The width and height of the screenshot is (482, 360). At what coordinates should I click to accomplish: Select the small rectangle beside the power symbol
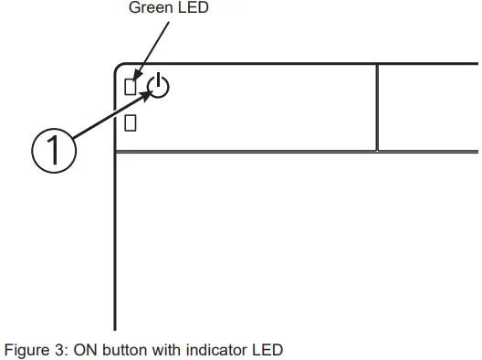131,87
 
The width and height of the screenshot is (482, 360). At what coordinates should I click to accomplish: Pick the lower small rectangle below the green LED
131,122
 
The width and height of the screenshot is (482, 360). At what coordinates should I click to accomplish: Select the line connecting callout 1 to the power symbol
110,115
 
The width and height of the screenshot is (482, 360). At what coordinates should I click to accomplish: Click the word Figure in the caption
25,350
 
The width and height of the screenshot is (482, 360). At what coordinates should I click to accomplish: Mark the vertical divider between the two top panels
377,107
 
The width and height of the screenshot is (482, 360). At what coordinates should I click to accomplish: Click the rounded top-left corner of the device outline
120,69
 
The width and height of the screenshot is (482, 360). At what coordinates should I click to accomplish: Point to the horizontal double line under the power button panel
274,152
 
